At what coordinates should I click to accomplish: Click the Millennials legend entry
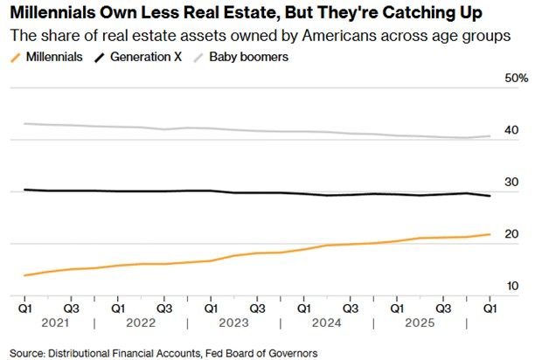[x=46, y=57]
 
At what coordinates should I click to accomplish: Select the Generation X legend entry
[x=138, y=57]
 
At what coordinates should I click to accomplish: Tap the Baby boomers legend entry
[x=241, y=57]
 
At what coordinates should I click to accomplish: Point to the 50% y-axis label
[x=517, y=78]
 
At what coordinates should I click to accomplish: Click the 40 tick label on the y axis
[x=511, y=130]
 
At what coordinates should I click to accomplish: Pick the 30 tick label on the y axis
[x=511, y=182]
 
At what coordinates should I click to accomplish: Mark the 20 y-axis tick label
[x=511, y=234]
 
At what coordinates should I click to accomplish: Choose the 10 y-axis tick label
[x=512, y=286]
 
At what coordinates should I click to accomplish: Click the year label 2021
[x=55, y=322]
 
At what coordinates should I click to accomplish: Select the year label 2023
[x=233, y=322]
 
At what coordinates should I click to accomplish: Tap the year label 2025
[x=420, y=322]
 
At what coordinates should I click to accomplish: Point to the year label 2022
[x=141, y=322]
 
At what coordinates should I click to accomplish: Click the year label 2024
[x=327, y=322]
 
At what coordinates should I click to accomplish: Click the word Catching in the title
[x=412, y=13]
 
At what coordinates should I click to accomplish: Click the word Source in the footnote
[x=27, y=354]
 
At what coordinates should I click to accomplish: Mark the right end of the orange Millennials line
[x=490, y=234]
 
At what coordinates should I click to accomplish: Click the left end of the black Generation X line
[x=24, y=190]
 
